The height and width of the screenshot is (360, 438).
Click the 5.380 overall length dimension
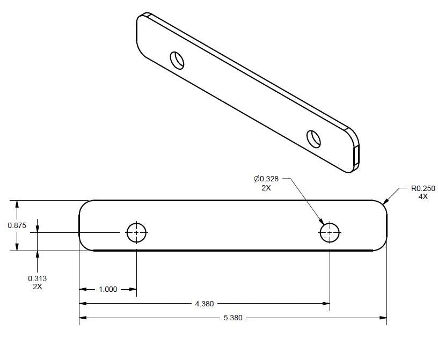click(x=232, y=318)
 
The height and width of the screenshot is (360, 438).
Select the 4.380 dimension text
click(x=204, y=304)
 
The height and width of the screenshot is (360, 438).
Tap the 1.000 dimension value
click(x=108, y=289)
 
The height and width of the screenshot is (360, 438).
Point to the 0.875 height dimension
click(x=17, y=225)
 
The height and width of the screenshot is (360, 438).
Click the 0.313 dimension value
click(x=37, y=278)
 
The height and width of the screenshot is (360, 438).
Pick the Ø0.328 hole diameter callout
click(x=266, y=179)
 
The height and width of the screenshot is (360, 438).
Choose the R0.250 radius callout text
click(x=423, y=188)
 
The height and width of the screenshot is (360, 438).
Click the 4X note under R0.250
click(x=423, y=196)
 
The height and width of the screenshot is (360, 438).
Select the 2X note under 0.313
click(x=37, y=286)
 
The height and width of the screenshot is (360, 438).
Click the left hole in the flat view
click(x=136, y=232)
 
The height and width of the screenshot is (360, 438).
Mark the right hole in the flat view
click(x=330, y=232)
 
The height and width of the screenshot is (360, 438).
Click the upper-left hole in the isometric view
click(x=177, y=60)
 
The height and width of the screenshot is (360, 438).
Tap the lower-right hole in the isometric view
click(x=313, y=138)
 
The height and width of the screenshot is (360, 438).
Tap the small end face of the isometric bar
click(x=356, y=156)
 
